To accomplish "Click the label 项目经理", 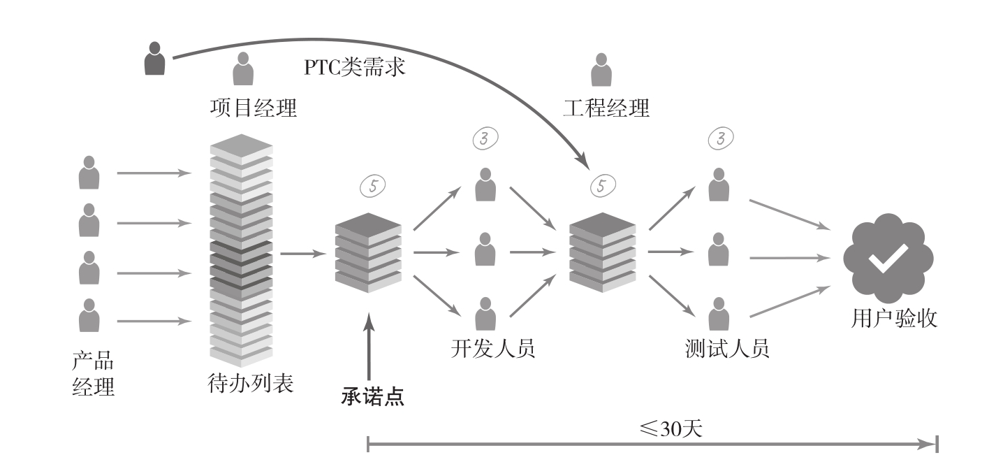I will pyautogui.click(x=254, y=108).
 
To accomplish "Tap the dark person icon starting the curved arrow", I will pyautogui.click(x=154, y=59).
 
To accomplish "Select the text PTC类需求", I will pyautogui.click(x=355, y=68).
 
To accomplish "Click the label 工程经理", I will pyautogui.click(x=606, y=108).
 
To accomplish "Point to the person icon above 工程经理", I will pyautogui.click(x=600, y=69).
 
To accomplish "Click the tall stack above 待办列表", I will pyautogui.click(x=241, y=250).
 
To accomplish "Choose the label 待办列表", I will pyautogui.click(x=251, y=384).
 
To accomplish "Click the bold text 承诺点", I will pyautogui.click(x=373, y=396).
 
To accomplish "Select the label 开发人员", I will pyautogui.click(x=493, y=347).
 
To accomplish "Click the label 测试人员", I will pyautogui.click(x=727, y=347).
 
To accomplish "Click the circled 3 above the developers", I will pyautogui.click(x=485, y=138).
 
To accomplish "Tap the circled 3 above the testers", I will pyautogui.click(x=720, y=138).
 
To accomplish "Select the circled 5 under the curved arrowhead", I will pyautogui.click(x=603, y=185).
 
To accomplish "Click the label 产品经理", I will pyautogui.click(x=93, y=374).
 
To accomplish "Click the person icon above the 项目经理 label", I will pyautogui.click(x=243, y=69).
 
